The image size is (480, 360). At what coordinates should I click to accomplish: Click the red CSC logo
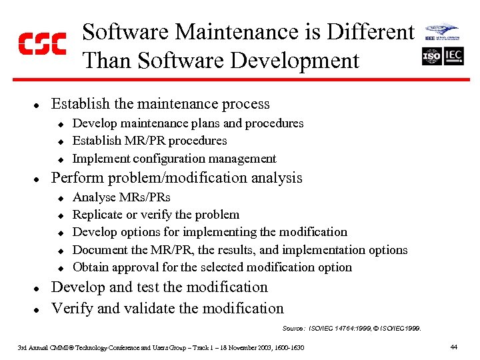[41, 43]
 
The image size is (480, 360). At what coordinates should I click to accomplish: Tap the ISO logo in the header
[431, 56]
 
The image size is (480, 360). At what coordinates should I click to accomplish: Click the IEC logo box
[453, 56]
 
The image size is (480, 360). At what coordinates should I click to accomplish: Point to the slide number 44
[453, 347]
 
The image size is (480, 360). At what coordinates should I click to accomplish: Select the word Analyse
[94, 197]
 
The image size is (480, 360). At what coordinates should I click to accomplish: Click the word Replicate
[98, 215]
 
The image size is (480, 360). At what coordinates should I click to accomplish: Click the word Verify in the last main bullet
[71, 308]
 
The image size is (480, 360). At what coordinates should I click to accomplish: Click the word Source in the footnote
[293, 328]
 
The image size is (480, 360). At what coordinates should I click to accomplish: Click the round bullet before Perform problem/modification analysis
[38, 179]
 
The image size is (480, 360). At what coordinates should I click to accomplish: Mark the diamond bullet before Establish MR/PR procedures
[59, 141]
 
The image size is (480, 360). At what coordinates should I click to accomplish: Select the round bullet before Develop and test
[38, 289]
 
